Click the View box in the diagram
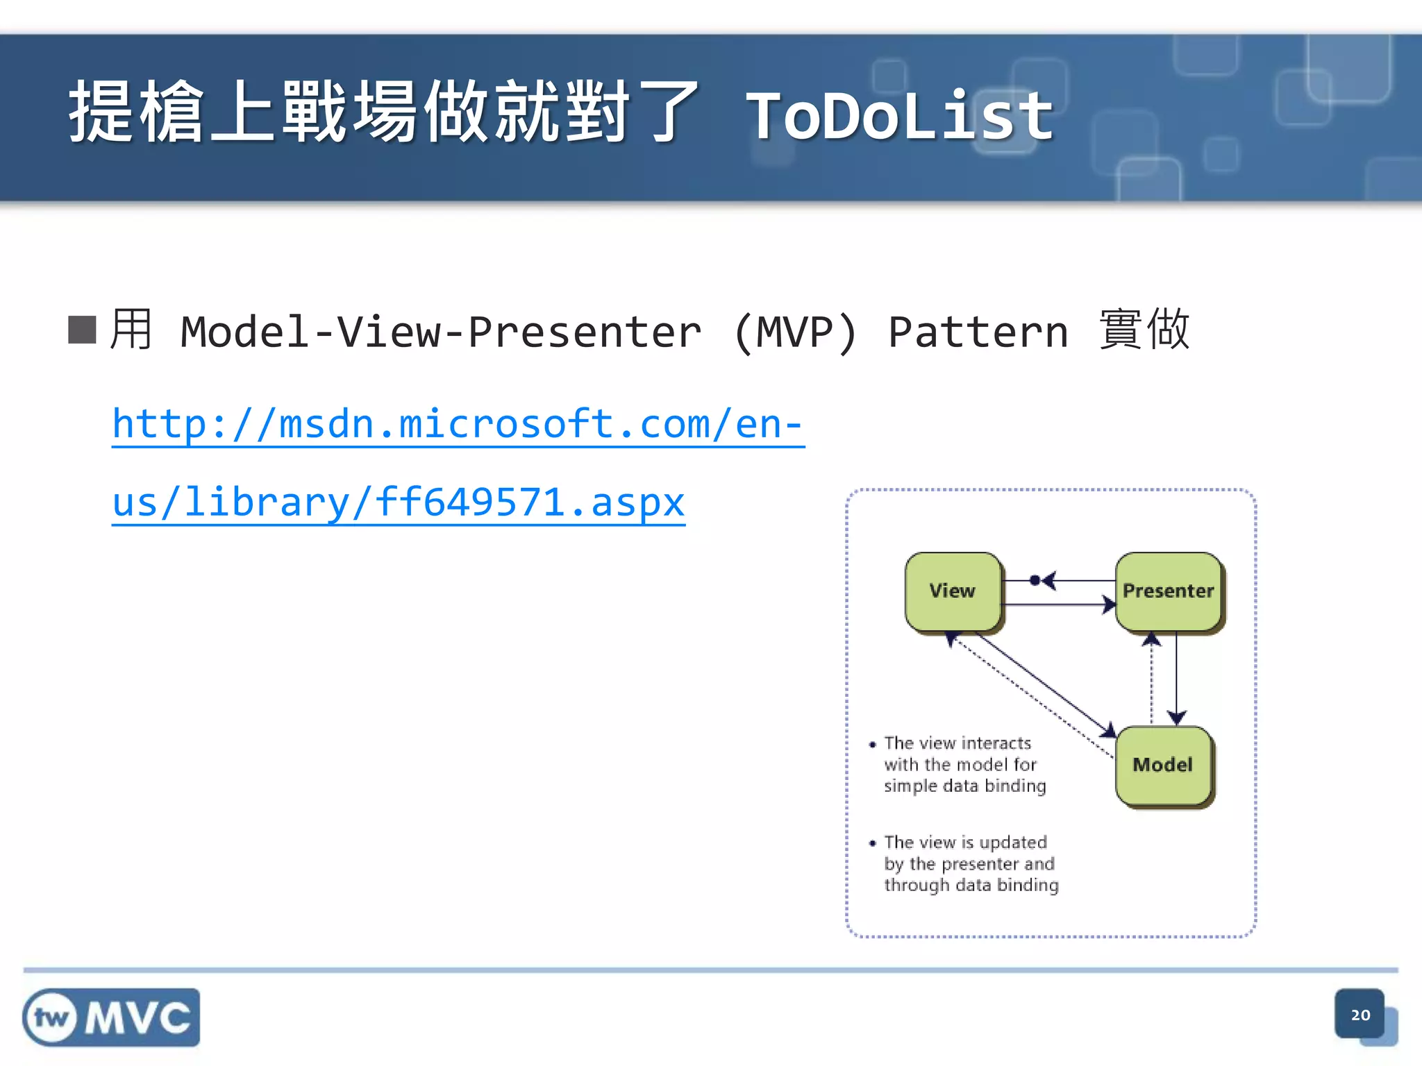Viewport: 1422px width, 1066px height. point(953,591)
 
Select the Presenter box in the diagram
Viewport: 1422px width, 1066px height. point(1169,591)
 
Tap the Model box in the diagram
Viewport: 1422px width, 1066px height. point(1163,765)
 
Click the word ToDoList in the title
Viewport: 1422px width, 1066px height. point(899,117)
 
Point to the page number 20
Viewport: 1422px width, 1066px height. point(1360,1015)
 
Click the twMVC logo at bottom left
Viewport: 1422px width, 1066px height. point(111,1017)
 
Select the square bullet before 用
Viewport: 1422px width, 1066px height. point(82,330)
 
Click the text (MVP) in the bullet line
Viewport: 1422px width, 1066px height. point(796,332)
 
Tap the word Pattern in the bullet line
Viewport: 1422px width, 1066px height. point(978,332)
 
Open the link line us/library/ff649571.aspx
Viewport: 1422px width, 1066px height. point(399,502)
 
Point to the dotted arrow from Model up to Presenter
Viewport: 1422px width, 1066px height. point(1152,680)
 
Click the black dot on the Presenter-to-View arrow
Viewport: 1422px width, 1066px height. point(1035,580)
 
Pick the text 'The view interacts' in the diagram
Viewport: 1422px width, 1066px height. point(957,743)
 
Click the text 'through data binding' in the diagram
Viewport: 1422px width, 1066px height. point(971,885)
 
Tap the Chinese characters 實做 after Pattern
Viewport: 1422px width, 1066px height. point(1144,329)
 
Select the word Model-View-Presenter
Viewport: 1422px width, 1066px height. point(440,332)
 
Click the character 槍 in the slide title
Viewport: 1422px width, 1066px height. point(172,112)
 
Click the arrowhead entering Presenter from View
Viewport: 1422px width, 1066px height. point(1109,604)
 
